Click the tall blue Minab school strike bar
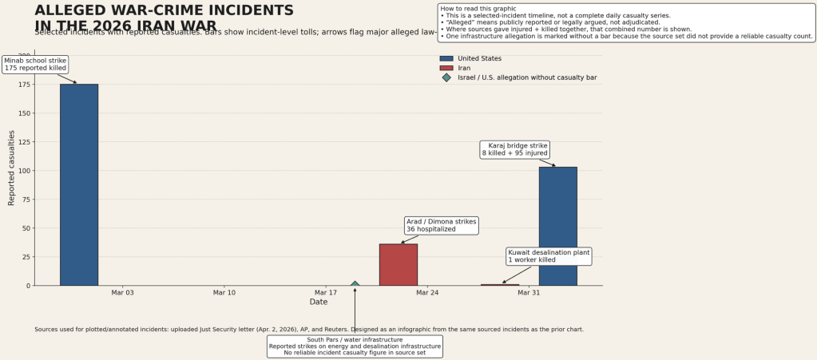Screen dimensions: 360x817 (x=79, y=184)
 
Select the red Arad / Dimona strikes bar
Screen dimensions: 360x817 (x=398, y=264)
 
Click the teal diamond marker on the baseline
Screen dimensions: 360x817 (x=355, y=284)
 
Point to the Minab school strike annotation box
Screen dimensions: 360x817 (x=35, y=65)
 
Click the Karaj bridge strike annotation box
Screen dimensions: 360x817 (x=515, y=149)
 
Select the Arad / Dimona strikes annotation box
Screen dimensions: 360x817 (x=441, y=225)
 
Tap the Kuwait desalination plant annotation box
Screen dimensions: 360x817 (x=549, y=255)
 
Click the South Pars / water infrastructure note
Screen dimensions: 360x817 (x=355, y=346)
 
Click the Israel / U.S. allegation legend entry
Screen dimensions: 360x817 (x=526, y=77)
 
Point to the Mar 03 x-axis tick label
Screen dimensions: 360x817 (x=123, y=293)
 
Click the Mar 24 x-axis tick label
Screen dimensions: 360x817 (x=427, y=293)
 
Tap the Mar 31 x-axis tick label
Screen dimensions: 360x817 (x=529, y=293)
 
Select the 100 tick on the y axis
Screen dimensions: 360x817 (x=25, y=171)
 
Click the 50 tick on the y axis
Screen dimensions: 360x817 (x=27, y=228)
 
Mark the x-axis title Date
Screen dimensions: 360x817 (x=319, y=302)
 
